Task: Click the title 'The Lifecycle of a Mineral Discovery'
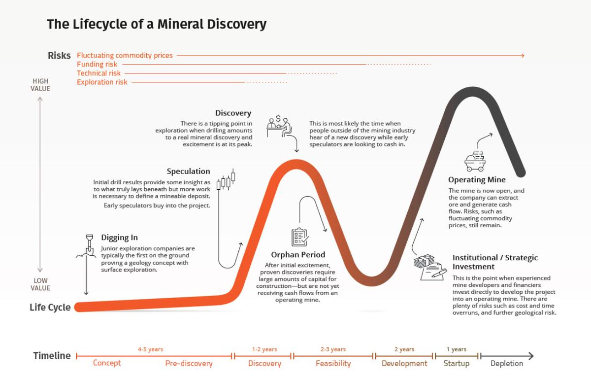157,24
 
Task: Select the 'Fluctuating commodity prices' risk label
125,56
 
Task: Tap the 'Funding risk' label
97,65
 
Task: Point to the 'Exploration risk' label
102,82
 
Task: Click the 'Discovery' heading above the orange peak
233,113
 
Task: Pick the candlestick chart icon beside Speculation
226,180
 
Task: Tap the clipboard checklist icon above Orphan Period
299,237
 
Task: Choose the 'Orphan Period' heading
298,255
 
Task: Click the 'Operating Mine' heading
477,180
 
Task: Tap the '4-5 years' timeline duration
150,349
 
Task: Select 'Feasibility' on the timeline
333,364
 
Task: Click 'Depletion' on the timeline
506,364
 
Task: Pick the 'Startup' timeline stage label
456,364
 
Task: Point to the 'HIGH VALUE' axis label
41,85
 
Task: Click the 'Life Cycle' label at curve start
50,308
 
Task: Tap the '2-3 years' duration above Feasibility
333,349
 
